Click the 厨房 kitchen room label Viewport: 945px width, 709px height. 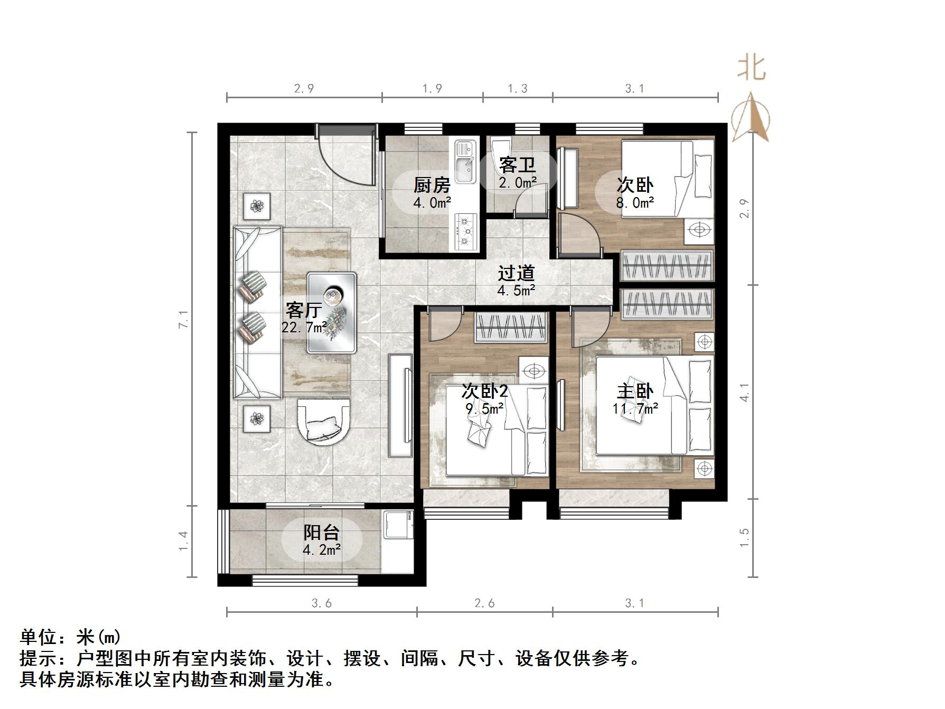(x=432, y=185)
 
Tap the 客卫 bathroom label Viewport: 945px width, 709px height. (x=517, y=165)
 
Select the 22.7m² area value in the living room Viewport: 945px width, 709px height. (x=303, y=328)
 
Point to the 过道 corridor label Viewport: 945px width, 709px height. (x=516, y=273)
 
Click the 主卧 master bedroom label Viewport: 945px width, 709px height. (x=634, y=391)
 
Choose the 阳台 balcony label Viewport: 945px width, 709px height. (x=321, y=533)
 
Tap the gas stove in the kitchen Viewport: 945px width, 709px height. (x=465, y=231)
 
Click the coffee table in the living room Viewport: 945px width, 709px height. (x=332, y=312)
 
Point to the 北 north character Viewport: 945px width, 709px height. (x=751, y=68)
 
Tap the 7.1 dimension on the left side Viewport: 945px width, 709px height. (x=183, y=319)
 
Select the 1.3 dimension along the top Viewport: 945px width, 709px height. (x=517, y=89)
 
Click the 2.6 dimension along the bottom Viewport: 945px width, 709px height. (x=484, y=603)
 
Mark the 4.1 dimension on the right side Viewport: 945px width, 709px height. (x=744, y=392)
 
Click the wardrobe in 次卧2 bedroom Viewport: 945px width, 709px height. (x=510, y=328)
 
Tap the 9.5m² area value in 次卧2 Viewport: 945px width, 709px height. (x=484, y=408)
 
